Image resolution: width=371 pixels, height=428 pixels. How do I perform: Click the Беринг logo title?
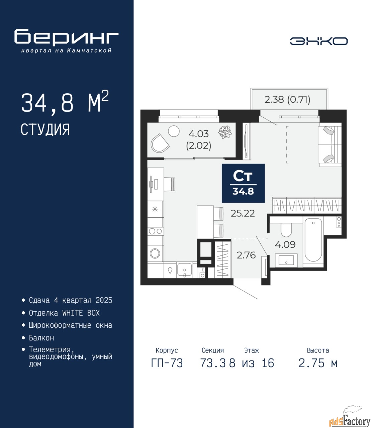[66, 37]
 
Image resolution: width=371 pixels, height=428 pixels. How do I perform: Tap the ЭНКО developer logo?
[318, 41]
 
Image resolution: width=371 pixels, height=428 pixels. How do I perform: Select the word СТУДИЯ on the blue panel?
[45, 129]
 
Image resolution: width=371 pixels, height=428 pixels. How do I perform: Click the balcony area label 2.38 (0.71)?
[287, 100]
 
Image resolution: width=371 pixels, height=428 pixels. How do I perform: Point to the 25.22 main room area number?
[243, 213]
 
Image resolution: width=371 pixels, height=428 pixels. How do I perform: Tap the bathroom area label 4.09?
[285, 244]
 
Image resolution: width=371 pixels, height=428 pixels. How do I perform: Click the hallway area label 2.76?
[246, 255]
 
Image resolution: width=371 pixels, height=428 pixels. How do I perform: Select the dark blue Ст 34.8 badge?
[243, 183]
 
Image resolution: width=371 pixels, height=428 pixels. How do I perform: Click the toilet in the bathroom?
[286, 230]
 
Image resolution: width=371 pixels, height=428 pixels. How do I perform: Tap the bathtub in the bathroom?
[313, 241]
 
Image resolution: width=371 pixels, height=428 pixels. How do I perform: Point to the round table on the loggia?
[174, 131]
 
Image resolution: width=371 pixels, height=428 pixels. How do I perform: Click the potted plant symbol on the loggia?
[225, 132]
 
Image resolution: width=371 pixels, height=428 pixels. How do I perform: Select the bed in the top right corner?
[330, 144]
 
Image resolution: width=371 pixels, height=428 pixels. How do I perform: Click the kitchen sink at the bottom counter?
[184, 270]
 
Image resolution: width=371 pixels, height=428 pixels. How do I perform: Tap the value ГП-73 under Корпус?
[167, 363]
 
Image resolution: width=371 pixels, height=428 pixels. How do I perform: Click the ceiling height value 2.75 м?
[318, 363]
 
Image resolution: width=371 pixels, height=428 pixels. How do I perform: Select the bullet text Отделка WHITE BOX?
[64, 313]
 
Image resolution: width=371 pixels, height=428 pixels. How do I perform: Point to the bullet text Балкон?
[41, 338]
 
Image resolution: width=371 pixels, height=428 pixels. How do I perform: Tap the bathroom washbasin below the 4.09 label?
[286, 260]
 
